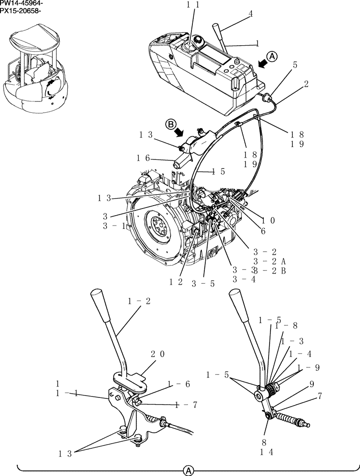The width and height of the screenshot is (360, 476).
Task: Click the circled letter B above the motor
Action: pos(171,125)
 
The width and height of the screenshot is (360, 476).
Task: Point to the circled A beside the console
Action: pos(271,56)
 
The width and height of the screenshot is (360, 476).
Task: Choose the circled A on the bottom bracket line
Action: pos(189,470)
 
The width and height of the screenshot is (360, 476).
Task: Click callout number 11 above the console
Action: pos(193,5)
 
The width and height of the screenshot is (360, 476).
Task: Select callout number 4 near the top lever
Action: pos(250,14)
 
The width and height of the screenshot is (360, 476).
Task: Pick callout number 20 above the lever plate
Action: pos(158,354)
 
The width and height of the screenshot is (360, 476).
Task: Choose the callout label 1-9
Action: pos(308,367)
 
